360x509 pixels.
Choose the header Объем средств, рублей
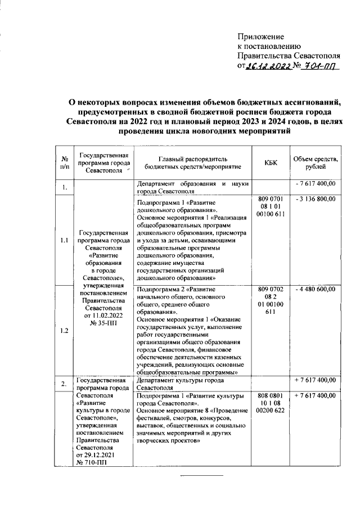pyautogui.click(x=314, y=163)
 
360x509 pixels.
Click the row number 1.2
pyautogui.click(x=64, y=331)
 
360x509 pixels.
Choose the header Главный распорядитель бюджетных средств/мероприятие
pyautogui.click(x=192, y=163)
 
